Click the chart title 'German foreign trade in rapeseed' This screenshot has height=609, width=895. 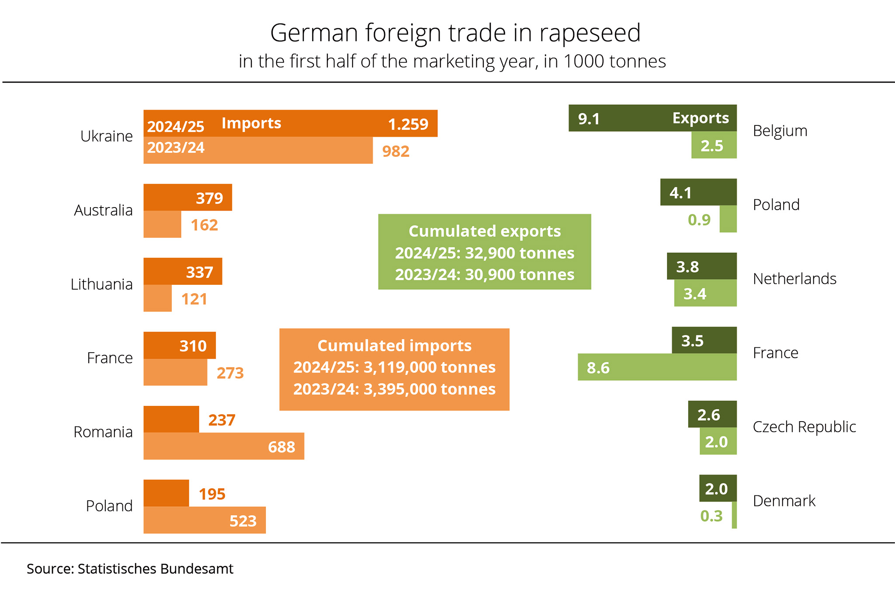point(455,33)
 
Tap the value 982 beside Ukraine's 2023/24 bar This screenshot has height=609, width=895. point(395,151)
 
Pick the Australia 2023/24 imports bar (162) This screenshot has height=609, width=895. point(162,225)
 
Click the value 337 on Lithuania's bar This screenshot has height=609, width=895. point(199,272)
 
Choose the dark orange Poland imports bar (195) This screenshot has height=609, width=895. point(166,493)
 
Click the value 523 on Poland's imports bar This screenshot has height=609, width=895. point(243,521)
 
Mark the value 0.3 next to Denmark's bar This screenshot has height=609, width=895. point(711,516)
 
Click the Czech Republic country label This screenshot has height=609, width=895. point(804,427)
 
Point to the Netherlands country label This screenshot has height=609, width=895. point(794,279)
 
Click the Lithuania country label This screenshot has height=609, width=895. point(101,284)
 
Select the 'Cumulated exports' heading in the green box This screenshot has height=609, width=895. point(484,231)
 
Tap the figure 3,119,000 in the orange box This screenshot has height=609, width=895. point(401,367)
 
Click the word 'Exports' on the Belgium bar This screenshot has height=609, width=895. point(700,118)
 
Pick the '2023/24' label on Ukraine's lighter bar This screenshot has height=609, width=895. point(176,148)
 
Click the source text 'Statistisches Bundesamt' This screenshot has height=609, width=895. point(155,569)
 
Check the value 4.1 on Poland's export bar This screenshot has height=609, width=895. point(680,193)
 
